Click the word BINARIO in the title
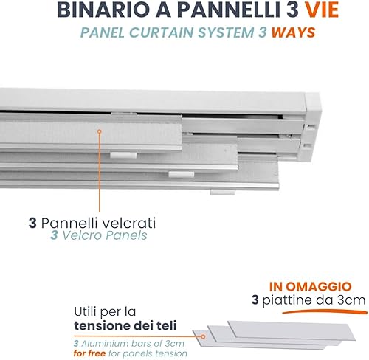click(103, 10)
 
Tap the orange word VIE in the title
click(322, 10)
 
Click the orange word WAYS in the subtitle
click(293, 32)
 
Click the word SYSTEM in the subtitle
click(226, 32)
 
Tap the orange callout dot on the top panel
click(100, 131)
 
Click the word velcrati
click(129, 224)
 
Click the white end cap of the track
click(312, 127)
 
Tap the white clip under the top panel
click(123, 156)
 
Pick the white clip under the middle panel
click(182, 175)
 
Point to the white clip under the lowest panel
click(222, 192)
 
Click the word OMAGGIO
click(319, 287)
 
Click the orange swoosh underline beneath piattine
click(325, 312)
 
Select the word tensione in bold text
click(102, 325)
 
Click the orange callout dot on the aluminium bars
click(203, 336)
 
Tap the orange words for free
click(89, 353)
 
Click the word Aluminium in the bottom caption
click(105, 343)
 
